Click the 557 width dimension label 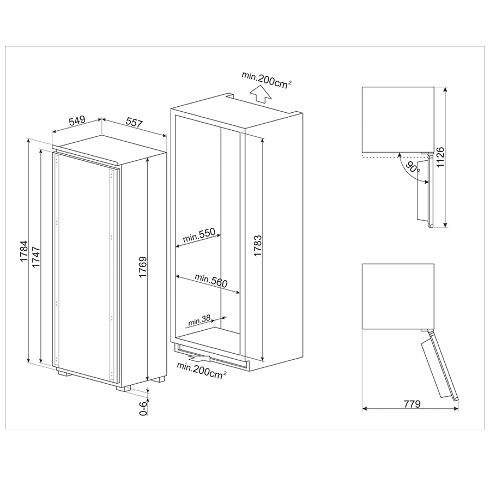[x=134, y=123]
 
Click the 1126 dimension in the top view [x=455, y=157]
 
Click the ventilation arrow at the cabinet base [x=203, y=359]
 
